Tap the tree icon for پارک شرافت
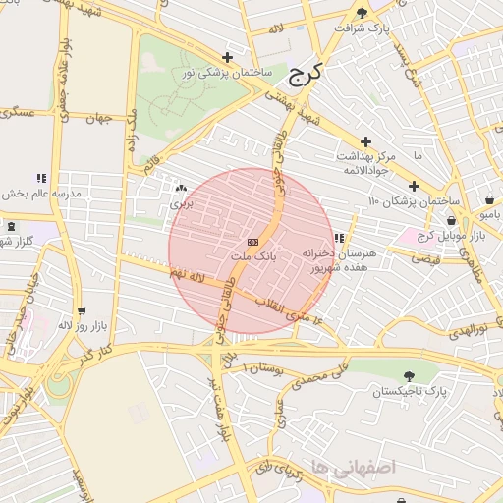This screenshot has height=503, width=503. (363, 13)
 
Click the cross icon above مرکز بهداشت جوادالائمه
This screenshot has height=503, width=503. (366, 142)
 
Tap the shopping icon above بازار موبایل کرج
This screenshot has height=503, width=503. (451, 221)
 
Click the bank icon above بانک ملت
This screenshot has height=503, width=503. (252, 242)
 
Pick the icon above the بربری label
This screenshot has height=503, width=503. (180, 188)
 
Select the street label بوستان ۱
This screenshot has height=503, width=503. (258, 367)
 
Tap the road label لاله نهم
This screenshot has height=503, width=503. (184, 280)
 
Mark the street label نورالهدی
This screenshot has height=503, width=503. (468, 328)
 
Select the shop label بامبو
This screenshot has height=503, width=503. (488, 212)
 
